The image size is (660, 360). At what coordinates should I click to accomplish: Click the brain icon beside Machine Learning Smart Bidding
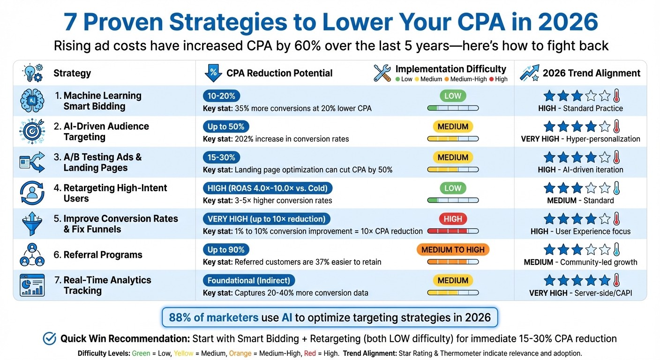click(x=32, y=101)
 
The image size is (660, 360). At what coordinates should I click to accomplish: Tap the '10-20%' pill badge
click(x=222, y=96)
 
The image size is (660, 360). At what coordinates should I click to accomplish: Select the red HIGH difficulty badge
click(x=453, y=219)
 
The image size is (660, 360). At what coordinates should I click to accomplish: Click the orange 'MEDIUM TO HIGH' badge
click(x=453, y=250)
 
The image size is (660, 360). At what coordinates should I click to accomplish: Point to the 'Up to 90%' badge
click(x=226, y=250)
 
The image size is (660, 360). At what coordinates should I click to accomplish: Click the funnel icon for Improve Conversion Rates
click(x=32, y=224)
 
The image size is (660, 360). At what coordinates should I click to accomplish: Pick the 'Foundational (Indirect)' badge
click(x=249, y=281)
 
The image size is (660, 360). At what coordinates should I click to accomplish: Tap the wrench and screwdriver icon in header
click(x=382, y=73)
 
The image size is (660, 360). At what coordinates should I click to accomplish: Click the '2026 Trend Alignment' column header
click(x=591, y=73)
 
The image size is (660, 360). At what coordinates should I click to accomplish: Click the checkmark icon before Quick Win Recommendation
click(x=49, y=338)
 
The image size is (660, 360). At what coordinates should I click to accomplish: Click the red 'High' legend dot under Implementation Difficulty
click(x=491, y=79)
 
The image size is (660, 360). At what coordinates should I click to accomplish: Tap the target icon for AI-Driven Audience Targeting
click(x=32, y=132)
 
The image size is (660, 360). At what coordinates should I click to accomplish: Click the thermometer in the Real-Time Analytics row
click(x=616, y=280)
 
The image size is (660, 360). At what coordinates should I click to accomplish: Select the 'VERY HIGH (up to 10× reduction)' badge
click(x=266, y=219)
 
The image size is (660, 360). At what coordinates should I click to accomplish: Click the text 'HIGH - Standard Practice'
click(x=580, y=108)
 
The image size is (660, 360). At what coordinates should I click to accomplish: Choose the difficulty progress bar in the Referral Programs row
click(x=453, y=262)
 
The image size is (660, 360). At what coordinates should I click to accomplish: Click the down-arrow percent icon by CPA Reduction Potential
click(x=213, y=73)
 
